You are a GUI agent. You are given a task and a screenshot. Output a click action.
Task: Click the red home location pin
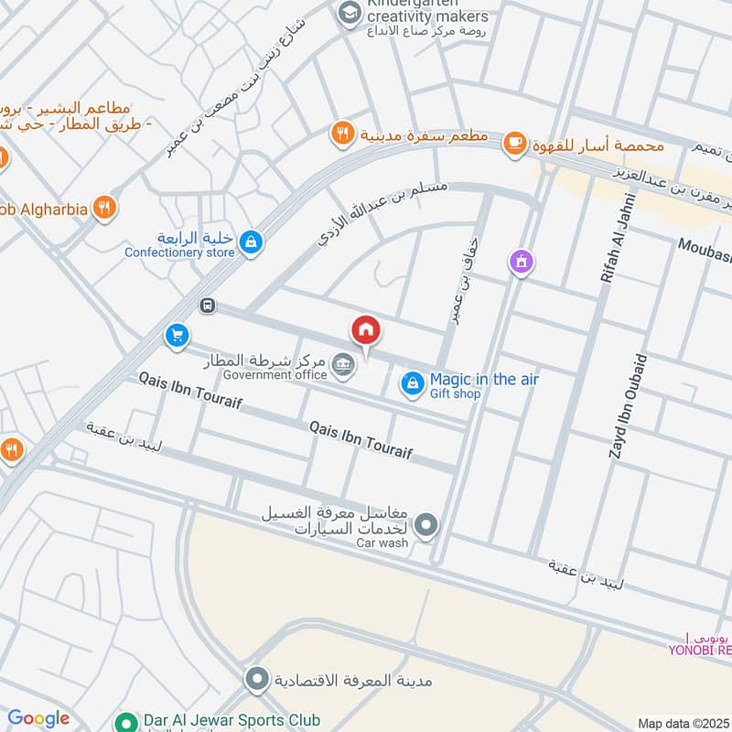tap(366, 330)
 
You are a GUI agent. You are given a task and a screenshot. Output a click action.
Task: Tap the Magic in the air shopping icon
tap(412, 384)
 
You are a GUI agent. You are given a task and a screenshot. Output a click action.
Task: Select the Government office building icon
tap(343, 363)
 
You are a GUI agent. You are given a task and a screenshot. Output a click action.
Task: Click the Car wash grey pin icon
tap(425, 525)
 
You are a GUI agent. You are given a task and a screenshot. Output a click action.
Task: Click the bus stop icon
tap(209, 306)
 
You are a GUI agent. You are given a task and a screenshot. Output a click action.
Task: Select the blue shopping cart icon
tap(177, 336)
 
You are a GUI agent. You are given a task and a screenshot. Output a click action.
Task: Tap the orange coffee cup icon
tap(515, 142)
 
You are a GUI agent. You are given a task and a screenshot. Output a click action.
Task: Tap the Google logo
tap(38, 719)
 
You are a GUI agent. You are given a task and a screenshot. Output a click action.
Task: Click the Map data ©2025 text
tap(683, 723)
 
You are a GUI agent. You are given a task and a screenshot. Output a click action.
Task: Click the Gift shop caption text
tap(455, 394)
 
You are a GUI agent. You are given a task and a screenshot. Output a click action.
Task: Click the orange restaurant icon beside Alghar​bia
tap(104, 209)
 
